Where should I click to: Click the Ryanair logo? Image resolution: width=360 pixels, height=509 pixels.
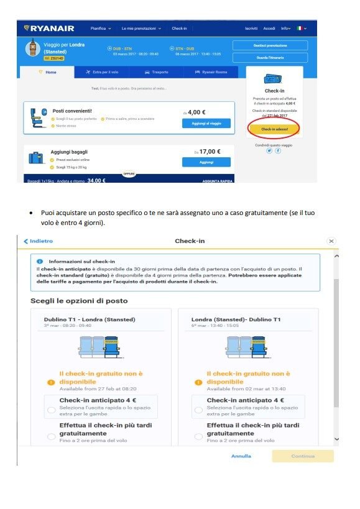[49, 28]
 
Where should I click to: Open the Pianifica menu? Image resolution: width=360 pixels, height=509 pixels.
[101, 29]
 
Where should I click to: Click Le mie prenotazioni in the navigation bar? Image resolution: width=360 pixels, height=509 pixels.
[141, 29]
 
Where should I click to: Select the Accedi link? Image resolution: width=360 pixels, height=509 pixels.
[269, 29]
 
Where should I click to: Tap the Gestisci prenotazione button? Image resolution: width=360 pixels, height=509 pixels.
[270, 46]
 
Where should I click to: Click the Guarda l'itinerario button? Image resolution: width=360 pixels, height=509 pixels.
[270, 57]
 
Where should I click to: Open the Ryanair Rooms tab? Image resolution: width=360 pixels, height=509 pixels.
[211, 72]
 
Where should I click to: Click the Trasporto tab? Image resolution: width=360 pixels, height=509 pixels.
[156, 72]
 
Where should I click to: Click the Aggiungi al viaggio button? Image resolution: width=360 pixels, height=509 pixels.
[206, 123]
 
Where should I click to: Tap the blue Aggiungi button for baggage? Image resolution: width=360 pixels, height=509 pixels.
[206, 162]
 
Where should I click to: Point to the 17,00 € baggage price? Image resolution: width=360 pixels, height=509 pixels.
[208, 151]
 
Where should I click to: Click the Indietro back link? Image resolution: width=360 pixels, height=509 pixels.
[39, 241]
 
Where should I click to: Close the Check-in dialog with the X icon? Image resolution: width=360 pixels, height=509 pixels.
[331, 241]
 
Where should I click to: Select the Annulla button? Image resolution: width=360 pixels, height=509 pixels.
[241, 456]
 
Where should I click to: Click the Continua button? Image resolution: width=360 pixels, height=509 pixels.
[302, 456]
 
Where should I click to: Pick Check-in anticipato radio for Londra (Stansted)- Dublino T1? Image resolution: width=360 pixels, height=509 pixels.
[198, 410]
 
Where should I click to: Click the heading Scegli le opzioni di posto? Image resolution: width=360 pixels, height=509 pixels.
[79, 301]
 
